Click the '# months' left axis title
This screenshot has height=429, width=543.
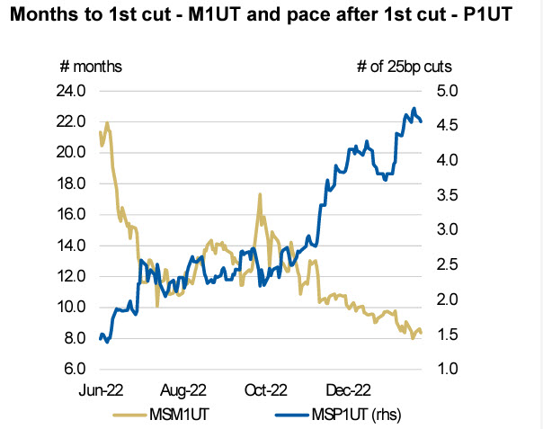click(90, 67)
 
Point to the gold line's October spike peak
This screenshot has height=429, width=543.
click(260, 194)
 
